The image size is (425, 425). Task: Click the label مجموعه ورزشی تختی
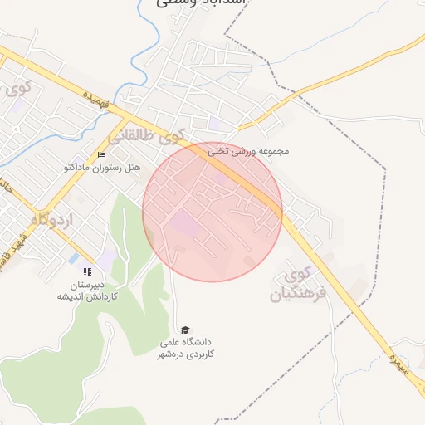[248, 151]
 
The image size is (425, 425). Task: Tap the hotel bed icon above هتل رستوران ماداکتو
[102, 155]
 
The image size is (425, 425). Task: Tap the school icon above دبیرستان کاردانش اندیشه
[87, 271]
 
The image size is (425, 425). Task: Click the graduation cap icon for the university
[184, 330]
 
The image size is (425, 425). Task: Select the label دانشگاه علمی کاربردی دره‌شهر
[188, 348]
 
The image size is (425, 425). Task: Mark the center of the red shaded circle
[212, 212]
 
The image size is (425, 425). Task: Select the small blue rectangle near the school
[74, 258]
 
